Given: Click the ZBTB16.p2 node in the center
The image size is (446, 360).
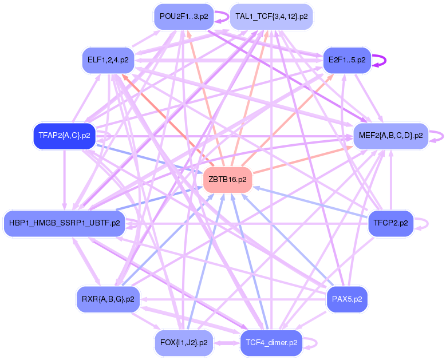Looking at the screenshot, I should tap(228, 180).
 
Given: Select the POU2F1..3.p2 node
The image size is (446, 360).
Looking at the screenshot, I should tap(183, 17).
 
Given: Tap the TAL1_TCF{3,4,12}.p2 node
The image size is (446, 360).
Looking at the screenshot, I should tap(271, 17).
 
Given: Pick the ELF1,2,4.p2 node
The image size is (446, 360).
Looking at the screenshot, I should tap(108, 60).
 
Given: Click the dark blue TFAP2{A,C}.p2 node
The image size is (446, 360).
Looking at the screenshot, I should tap(64, 136).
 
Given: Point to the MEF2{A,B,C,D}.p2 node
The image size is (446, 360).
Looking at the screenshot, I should tap(390, 136).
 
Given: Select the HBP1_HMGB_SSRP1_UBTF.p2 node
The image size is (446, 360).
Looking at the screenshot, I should tap(64, 223).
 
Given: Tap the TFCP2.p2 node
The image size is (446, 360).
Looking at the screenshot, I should tap(390, 223).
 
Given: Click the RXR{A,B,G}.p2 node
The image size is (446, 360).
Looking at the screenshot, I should tap(108, 299).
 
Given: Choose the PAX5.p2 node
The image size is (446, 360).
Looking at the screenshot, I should tap(347, 299).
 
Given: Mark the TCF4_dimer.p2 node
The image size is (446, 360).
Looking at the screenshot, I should tap(271, 343).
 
